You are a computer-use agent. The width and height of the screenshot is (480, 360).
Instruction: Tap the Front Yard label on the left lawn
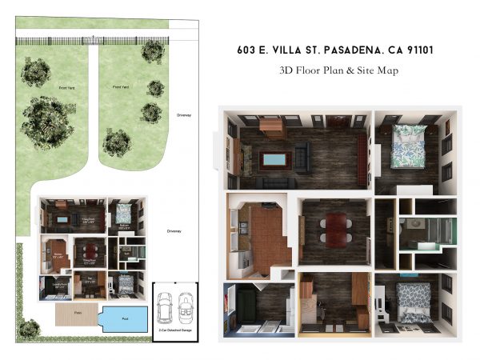(x=55, y=87)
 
